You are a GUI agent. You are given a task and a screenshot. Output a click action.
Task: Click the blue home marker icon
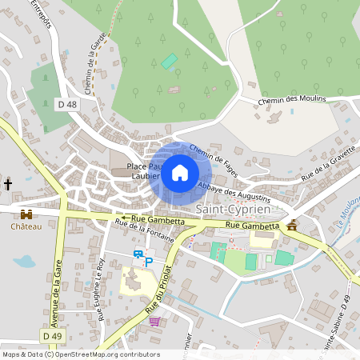[180, 172]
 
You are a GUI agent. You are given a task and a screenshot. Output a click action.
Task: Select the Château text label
[26, 226]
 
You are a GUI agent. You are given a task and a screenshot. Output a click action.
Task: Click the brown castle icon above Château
[26, 214]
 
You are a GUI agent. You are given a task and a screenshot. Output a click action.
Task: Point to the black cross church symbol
[8, 185]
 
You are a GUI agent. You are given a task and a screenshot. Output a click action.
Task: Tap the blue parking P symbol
[148, 261]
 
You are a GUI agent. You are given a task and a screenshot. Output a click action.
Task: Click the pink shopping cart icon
[154, 322]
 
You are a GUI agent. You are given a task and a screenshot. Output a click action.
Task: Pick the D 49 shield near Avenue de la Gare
[52, 337]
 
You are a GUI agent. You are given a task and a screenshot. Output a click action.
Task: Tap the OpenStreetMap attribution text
[80, 354]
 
